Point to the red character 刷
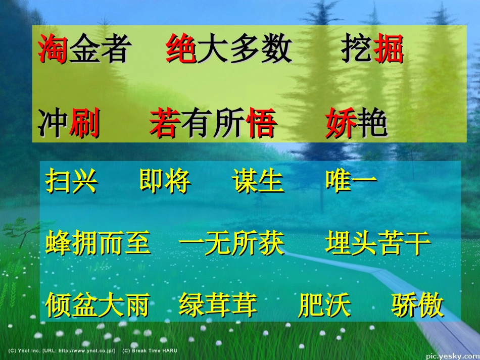tap(84, 124)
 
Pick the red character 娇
tap(341, 124)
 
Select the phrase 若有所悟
tap(213, 124)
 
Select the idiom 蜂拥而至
tap(98, 243)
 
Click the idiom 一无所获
tap(232, 243)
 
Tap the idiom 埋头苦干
tap(378, 243)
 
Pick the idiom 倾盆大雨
tap(98, 305)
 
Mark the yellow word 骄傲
tap(418, 305)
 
